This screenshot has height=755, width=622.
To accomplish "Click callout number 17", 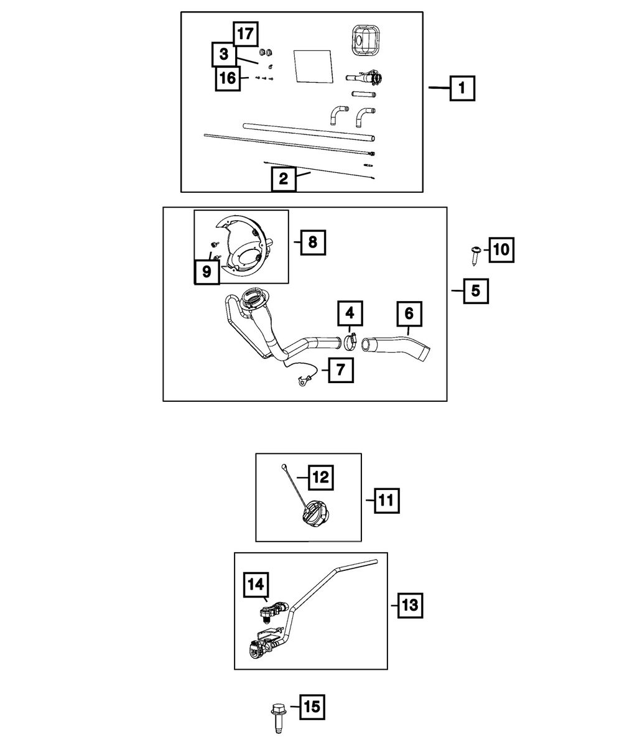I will [x=246, y=34].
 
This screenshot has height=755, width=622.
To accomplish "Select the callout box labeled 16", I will [x=228, y=78].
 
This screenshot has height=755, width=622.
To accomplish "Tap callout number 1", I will [x=461, y=89].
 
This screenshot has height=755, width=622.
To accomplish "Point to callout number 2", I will [x=284, y=179].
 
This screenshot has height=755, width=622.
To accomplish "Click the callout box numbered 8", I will [x=313, y=241].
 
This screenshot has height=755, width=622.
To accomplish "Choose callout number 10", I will [x=501, y=250].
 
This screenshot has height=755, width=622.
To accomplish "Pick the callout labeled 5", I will [x=476, y=290].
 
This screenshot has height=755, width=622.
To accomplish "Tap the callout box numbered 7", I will [x=341, y=371].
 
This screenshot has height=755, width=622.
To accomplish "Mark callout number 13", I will [x=410, y=604].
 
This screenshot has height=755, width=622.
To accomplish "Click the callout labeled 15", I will [x=313, y=706].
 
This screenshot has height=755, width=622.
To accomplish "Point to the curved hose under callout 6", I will [x=397, y=345].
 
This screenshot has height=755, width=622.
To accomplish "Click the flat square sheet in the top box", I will [x=313, y=66].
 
